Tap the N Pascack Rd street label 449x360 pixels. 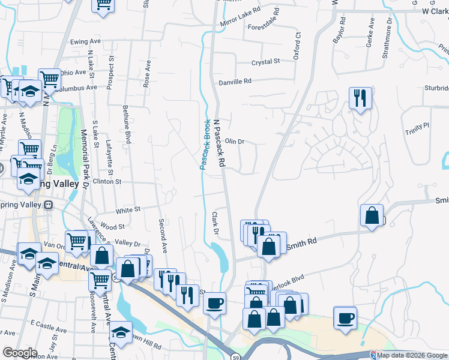(x=220, y=143)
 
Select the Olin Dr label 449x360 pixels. (x=234, y=142)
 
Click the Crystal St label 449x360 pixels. (x=266, y=62)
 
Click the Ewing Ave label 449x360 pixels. (x=85, y=41)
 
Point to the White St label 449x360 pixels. (x=128, y=210)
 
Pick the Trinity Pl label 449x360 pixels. (x=417, y=126)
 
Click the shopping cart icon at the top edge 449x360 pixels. (x=104, y=4)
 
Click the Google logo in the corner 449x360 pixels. (x=20, y=353)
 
